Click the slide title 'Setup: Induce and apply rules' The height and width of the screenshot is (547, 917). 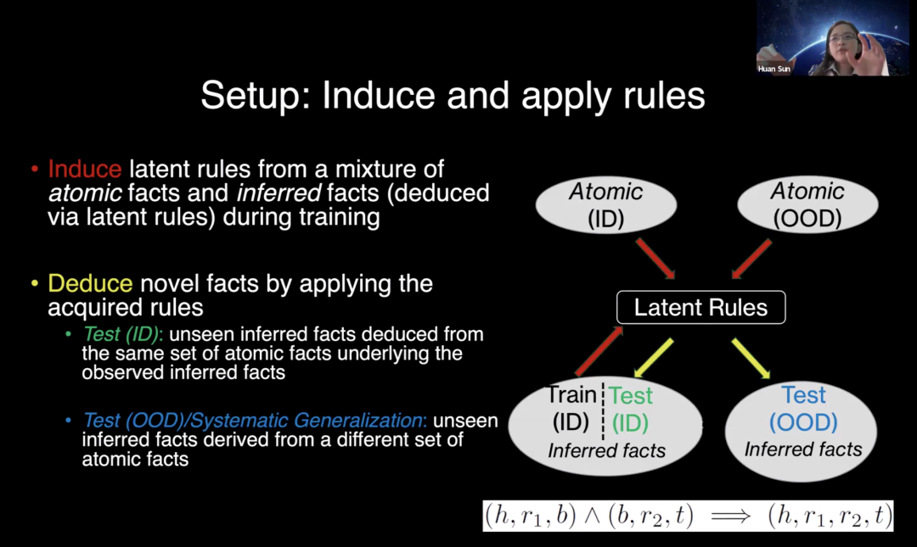click(453, 97)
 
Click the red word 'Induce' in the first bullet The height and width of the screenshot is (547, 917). click(84, 169)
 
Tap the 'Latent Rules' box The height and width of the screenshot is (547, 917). click(700, 307)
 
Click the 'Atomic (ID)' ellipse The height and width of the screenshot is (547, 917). click(606, 204)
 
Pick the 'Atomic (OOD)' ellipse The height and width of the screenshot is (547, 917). click(807, 204)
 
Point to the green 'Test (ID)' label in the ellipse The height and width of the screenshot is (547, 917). click(631, 408)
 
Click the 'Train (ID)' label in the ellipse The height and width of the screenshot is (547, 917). click(571, 408)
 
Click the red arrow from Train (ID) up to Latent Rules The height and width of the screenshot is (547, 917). click(599, 352)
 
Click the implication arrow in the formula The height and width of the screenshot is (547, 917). click(729, 516)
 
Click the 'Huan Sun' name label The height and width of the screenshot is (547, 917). click(774, 69)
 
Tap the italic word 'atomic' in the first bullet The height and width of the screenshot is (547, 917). click(78, 193)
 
